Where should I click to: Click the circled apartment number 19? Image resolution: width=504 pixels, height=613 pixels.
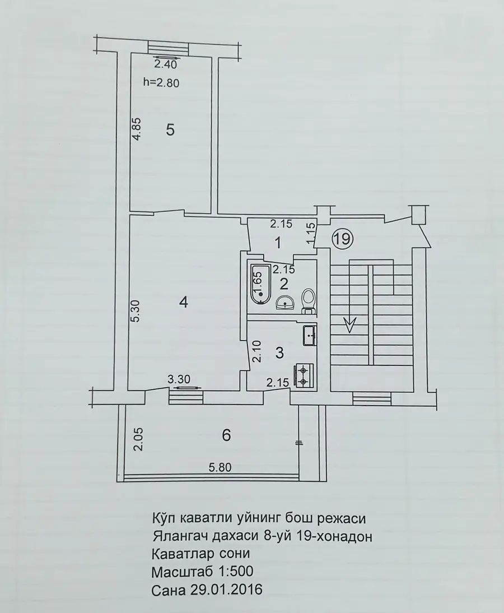click(x=342, y=238)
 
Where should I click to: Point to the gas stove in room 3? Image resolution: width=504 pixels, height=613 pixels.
click(x=304, y=375)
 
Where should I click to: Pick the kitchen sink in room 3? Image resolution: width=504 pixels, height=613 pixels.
click(x=310, y=336)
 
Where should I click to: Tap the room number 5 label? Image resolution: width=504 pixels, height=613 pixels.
click(x=170, y=129)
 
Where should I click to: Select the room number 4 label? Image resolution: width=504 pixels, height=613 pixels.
click(x=183, y=302)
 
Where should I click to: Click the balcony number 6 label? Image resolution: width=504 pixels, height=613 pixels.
click(x=226, y=435)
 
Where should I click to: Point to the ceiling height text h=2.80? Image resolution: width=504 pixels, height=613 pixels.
click(x=161, y=82)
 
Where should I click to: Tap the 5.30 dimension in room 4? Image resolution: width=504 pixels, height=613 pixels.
click(x=135, y=311)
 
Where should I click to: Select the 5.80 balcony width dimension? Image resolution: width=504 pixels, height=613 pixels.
click(x=220, y=467)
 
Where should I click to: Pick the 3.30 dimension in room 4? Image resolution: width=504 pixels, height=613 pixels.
click(x=179, y=379)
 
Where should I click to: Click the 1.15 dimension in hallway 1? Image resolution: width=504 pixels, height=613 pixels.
click(x=311, y=234)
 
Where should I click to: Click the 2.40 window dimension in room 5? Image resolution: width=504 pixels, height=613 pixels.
click(x=166, y=64)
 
